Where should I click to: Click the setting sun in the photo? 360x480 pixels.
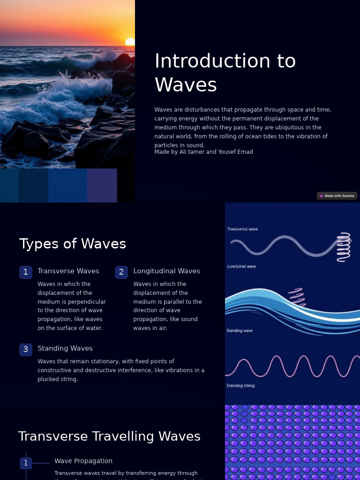pyautogui.click(x=130, y=42)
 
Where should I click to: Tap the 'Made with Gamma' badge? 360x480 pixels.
pyautogui.click(x=337, y=196)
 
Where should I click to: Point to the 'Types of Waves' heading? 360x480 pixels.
pyautogui.click(x=73, y=244)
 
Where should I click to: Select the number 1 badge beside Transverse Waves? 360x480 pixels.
pyautogui.click(x=26, y=272)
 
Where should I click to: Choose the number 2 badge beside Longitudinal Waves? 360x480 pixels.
pyautogui.click(x=121, y=272)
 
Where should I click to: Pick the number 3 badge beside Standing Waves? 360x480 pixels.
pyautogui.click(x=26, y=349)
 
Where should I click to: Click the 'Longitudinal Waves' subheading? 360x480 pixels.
pyautogui.click(x=166, y=271)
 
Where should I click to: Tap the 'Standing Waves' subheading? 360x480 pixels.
pyautogui.click(x=65, y=348)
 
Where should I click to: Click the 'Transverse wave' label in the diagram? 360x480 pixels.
pyautogui.click(x=242, y=229)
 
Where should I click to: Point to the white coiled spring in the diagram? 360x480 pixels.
pyautogui.click(x=344, y=247)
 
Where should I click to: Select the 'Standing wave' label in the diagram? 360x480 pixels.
pyautogui.click(x=240, y=330)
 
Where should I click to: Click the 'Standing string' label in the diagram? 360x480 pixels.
pyautogui.click(x=240, y=386)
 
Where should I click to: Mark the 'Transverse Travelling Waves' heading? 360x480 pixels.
pyautogui.click(x=109, y=436)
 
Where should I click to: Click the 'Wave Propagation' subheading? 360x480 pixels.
pyautogui.click(x=83, y=461)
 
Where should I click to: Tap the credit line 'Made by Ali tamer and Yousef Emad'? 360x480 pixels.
pyautogui.click(x=203, y=152)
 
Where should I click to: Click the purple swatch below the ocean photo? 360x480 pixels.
pyautogui.click(x=102, y=186)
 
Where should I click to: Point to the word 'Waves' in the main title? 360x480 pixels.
pyautogui.click(x=186, y=85)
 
